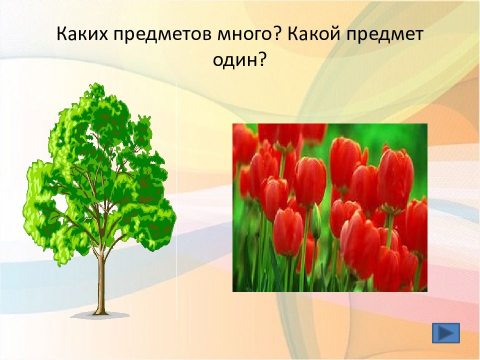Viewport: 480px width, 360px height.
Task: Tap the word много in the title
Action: tap(244, 35)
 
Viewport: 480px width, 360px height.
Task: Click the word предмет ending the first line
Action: tap(385, 35)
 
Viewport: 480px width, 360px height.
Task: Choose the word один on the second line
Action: tap(233, 60)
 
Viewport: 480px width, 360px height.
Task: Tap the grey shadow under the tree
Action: tap(100, 315)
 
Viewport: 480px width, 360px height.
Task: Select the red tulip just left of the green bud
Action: tap(287, 231)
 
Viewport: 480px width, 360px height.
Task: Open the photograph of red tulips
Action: tap(330, 207)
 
